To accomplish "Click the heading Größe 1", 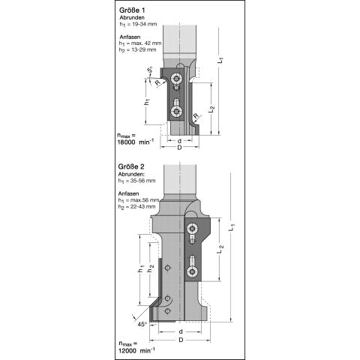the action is click(x=132, y=10).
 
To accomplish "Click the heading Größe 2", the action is click(x=131, y=166).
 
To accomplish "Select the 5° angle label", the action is click(x=150, y=70).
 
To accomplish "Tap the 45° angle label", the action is click(x=142, y=324).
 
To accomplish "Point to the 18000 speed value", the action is click(x=127, y=142).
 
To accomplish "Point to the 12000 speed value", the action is click(x=127, y=351).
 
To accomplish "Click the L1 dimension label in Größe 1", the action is click(x=220, y=60).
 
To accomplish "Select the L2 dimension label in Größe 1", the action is click(x=211, y=109).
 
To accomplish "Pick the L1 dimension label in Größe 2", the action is click(x=232, y=227).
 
